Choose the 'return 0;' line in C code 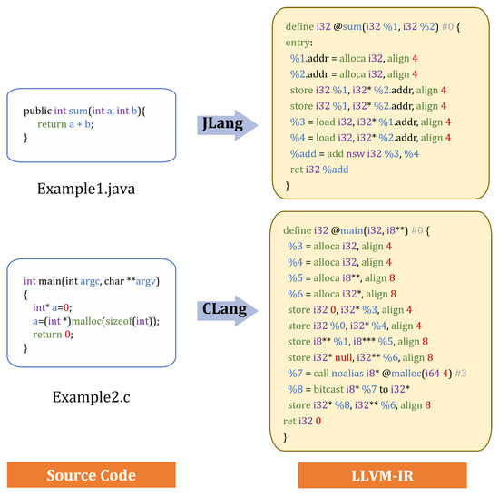point(56,334)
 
